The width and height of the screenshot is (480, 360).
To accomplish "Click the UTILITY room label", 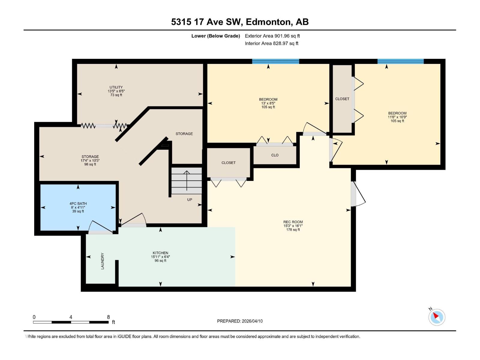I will pyautogui.click(x=116, y=87).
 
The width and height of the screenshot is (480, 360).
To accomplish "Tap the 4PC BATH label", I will pyautogui.click(x=78, y=204).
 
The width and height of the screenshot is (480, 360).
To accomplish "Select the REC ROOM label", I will pyautogui.click(x=293, y=222).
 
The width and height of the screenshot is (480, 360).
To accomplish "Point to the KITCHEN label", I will pyautogui.click(x=160, y=253).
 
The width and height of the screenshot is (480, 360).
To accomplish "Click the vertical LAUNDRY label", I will pyautogui.click(x=103, y=261).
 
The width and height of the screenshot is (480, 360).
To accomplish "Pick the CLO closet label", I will pyautogui.click(x=275, y=155).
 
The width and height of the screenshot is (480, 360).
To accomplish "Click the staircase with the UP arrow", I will pyautogui.click(x=187, y=181).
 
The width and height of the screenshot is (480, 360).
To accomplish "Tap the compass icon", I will pyautogui.click(x=436, y=317).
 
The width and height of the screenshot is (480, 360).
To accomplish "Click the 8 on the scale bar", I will pyautogui.click(x=108, y=317).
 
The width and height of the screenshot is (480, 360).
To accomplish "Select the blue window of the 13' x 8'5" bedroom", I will pyautogui.click(x=275, y=61).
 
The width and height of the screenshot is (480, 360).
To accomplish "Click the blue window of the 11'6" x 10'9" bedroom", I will pyautogui.click(x=400, y=61).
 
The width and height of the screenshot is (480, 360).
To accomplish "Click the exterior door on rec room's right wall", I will pyautogui.click(x=358, y=194).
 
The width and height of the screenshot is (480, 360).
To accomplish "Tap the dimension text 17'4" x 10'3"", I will pyautogui.click(x=90, y=160).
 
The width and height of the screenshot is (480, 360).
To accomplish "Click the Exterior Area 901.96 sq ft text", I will pyautogui.click(x=272, y=36).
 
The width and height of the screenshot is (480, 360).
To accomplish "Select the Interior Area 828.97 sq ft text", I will pyautogui.click(x=271, y=43).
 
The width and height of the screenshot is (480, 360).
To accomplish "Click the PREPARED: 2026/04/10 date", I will pyautogui.click(x=240, y=321).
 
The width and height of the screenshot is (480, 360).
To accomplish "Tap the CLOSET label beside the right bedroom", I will pyautogui.click(x=342, y=99).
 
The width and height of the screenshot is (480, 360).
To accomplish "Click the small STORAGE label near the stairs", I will pyautogui.click(x=184, y=134).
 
